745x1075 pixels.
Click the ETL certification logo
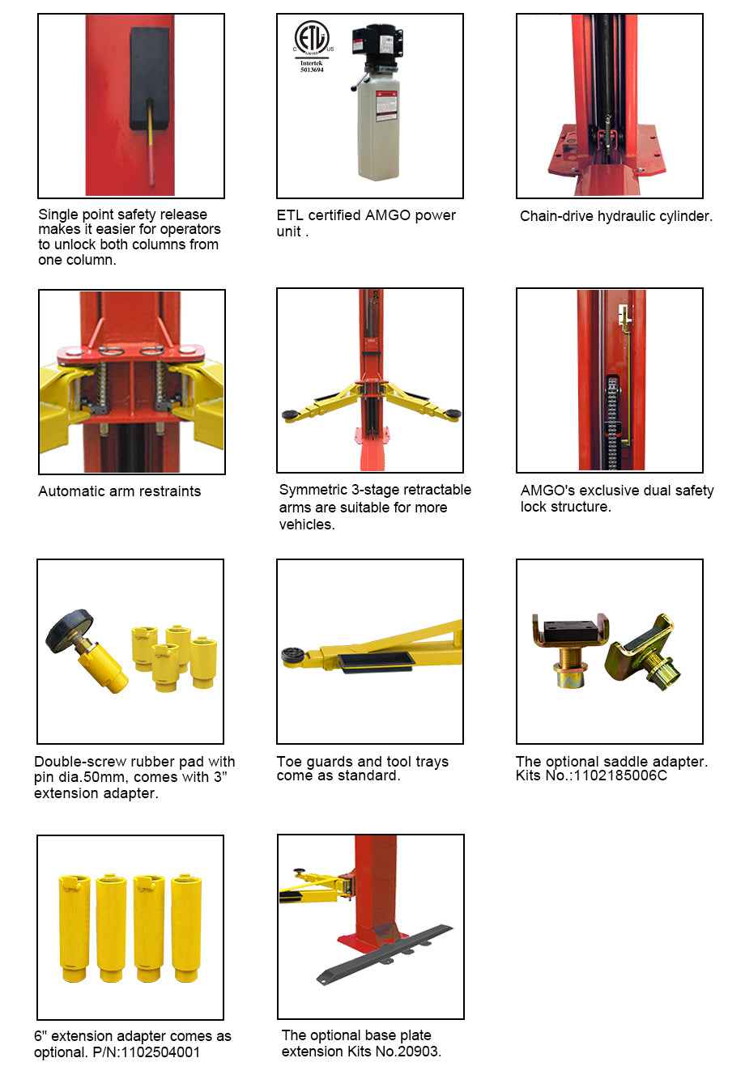tap(312, 39)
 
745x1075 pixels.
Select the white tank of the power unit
tap(378, 130)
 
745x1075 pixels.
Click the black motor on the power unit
tap(377, 40)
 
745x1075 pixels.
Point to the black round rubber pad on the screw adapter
tap(69, 629)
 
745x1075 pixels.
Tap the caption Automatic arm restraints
tap(119, 491)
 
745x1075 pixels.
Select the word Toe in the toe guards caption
tap(289, 762)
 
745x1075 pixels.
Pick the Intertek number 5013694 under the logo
tap(312, 70)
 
